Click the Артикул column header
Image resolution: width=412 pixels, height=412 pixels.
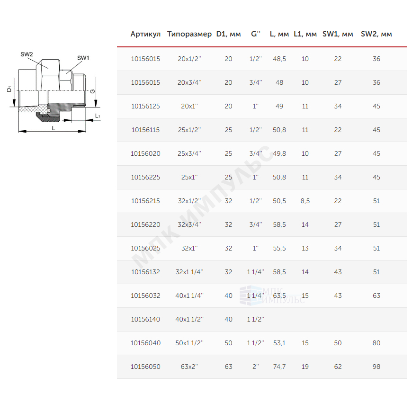coord(145,34)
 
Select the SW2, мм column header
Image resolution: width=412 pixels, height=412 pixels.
coord(376,34)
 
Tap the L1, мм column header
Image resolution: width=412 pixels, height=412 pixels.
coord(305,34)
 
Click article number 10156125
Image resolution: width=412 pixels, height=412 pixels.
coord(145,106)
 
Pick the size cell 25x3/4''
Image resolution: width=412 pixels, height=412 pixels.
coord(189,153)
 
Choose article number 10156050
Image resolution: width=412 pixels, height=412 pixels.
coord(145,367)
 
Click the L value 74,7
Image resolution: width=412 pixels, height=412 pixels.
coord(279,367)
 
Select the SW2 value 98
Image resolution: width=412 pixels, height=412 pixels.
coord(376,367)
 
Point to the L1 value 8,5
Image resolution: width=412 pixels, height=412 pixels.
coord(305,201)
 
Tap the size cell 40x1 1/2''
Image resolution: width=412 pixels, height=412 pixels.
coord(189,319)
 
